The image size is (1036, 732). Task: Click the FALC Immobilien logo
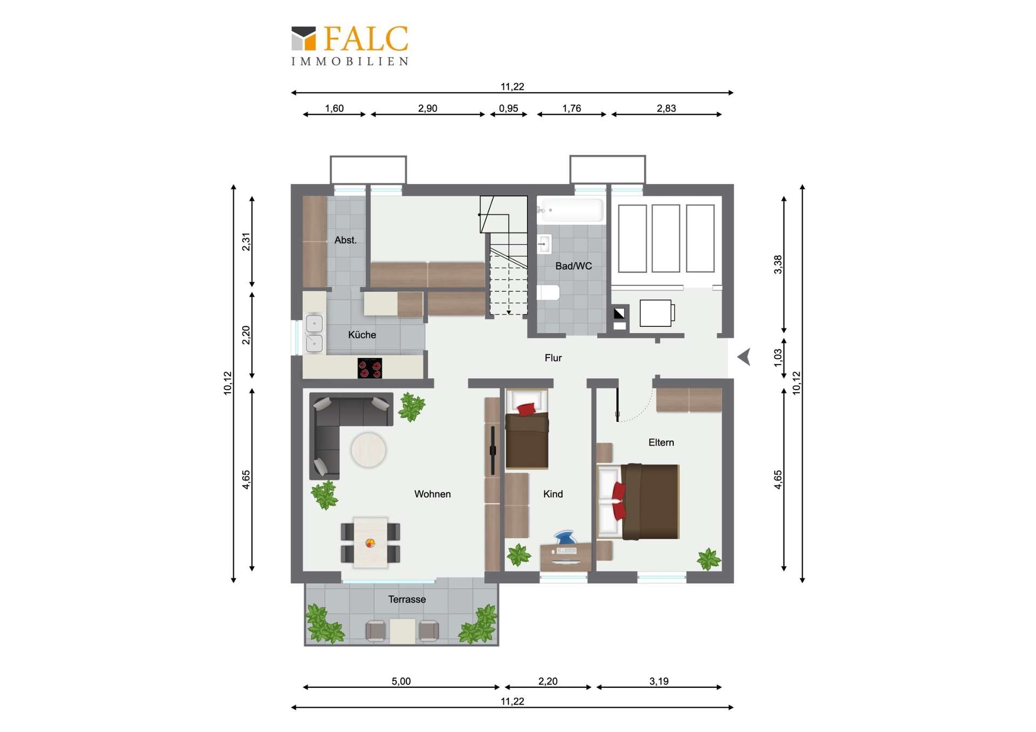coord(350,46)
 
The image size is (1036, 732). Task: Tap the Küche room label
coord(362,335)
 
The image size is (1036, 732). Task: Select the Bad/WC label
coord(574,266)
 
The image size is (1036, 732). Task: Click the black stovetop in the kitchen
coord(370,368)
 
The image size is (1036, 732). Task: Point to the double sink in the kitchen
coord(314,333)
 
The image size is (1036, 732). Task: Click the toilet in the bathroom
coord(549,292)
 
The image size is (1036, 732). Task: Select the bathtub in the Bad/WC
coord(570,210)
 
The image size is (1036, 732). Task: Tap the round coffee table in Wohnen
coord(369,450)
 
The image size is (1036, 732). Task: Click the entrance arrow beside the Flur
coord(744,357)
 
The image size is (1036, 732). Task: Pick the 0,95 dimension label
coord(508,108)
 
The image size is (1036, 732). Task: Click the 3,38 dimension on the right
coord(778,264)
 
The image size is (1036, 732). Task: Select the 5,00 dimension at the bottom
coord(401,681)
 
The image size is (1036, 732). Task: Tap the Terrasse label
coord(407,599)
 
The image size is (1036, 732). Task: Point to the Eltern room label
coord(661,442)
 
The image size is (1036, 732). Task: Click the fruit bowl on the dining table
coord(370,543)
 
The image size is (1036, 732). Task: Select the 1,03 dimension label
coord(778,358)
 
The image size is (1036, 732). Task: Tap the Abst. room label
coord(345,240)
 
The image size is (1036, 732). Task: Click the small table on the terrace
coord(403,631)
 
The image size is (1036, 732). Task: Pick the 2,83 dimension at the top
coord(666,108)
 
